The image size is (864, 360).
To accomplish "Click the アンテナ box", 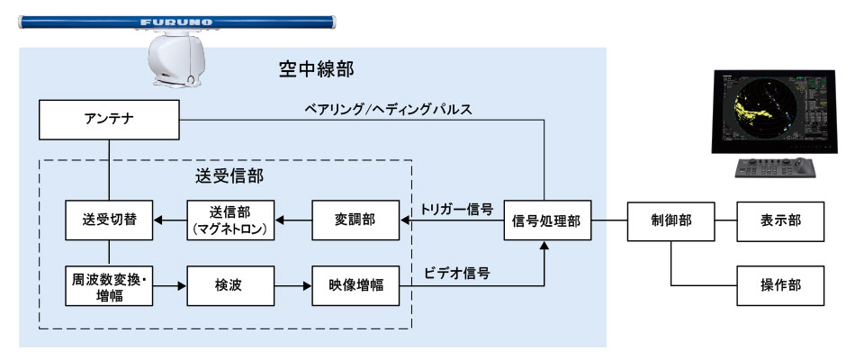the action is point(109,119).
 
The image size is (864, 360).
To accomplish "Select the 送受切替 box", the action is point(109,220).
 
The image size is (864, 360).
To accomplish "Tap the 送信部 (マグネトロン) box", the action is point(230,220).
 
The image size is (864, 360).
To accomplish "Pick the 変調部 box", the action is point(355,220).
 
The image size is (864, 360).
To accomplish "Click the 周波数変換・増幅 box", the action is point(109,285).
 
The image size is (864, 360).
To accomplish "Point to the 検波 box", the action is point(230,285).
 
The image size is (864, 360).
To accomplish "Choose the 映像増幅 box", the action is point(355,285).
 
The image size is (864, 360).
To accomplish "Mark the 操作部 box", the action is point(781,285).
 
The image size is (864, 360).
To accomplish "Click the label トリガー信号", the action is point(457,210).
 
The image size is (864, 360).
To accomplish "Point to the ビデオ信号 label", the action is point(457,273).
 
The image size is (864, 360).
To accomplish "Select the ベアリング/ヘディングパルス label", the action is point(389,109).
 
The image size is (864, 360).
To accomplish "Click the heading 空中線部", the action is point(316,69).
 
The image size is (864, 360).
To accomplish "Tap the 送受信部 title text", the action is point(229,175).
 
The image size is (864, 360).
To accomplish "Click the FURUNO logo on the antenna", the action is point(176,22).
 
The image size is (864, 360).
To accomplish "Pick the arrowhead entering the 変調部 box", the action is point(404,220).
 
